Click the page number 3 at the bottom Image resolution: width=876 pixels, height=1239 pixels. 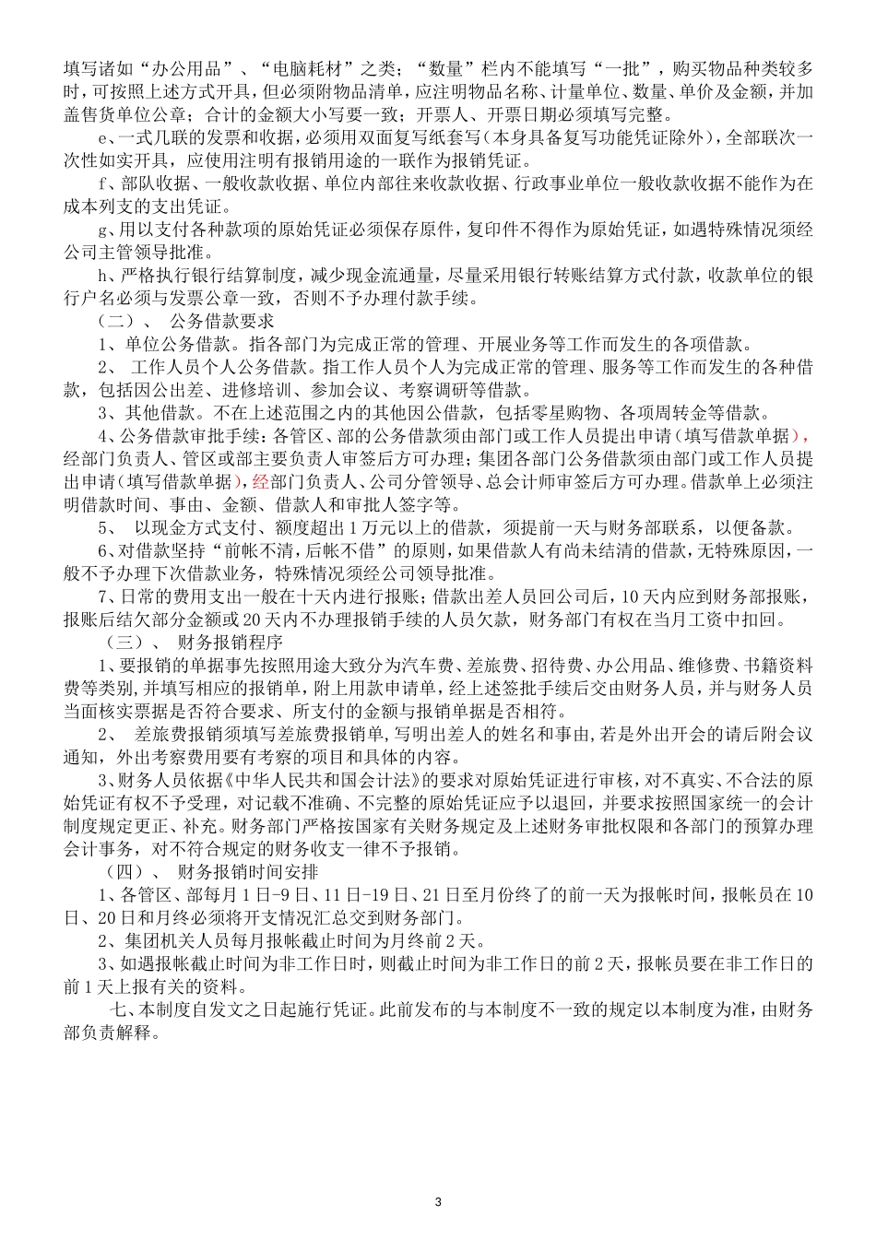[x=438, y=1201]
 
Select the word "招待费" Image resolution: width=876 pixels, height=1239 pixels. [x=603, y=665]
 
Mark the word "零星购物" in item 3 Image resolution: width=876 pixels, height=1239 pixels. [x=535, y=412]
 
